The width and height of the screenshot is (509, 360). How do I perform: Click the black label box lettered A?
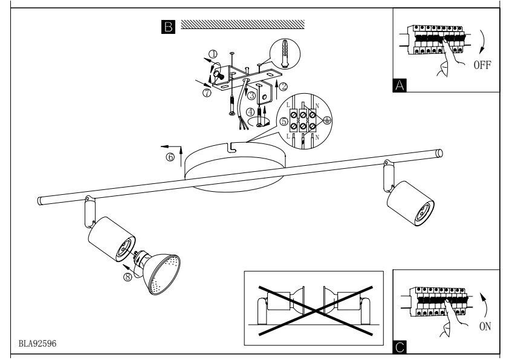click(x=400, y=85)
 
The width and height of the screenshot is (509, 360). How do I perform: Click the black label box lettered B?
click(x=168, y=27)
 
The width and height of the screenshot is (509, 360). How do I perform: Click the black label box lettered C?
click(x=400, y=347)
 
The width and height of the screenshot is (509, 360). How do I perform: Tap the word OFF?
click(x=482, y=65)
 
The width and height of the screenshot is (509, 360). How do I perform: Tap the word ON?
click(x=485, y=326)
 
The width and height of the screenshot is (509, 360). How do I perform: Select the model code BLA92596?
click(x=37, y=344)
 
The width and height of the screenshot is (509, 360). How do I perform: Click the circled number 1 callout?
click(x=213, y=54)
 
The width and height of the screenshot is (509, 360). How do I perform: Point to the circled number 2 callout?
click(x=284, y=87)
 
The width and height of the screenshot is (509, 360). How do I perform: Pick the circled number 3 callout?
click(x=251, y=96)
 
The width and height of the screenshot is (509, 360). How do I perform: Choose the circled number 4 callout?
click(x=250, y=113)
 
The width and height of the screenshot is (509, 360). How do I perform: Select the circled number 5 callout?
click(x=284, y=122)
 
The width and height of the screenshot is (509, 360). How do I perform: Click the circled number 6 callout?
click(x=170, y=157)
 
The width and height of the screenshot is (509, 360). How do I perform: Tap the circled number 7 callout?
click(x=207, y=93)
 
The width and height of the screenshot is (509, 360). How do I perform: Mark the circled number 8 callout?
click(x=128, y=277)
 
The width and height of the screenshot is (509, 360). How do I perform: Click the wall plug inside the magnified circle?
click(x=285, y=54)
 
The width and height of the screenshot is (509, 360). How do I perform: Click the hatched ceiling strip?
click(x=242, y=24)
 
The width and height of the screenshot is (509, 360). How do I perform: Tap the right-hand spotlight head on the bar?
click(x=410, y=203)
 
